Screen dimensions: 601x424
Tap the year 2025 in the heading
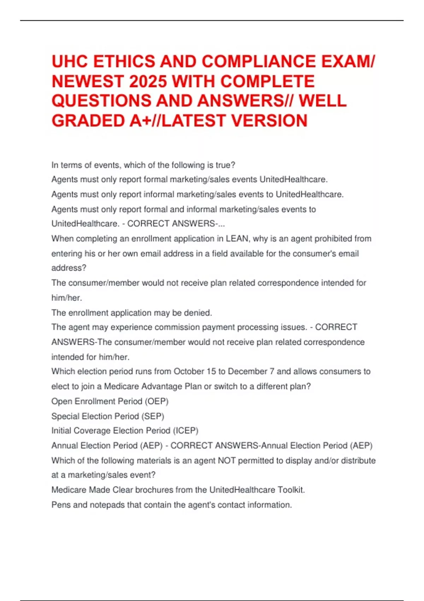click(148, 82)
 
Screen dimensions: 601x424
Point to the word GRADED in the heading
click(88, 121)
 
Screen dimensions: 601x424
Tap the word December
click(247, 372)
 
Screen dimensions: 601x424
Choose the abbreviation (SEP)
click(153, 416)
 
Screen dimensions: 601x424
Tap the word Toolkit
click(291, 490)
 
